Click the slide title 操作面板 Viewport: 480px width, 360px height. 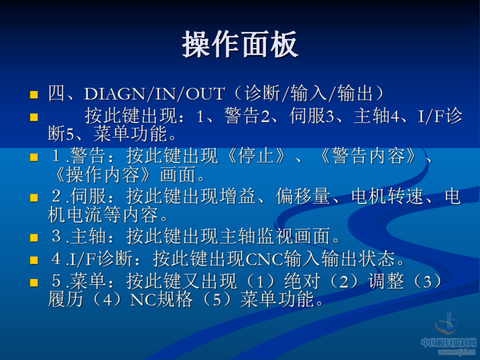(x=240, y=45)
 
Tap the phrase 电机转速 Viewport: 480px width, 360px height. (x=386, y=197)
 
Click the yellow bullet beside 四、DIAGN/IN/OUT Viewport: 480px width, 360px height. (x=34, y=95)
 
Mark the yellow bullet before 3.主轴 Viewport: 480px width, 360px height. (x=34, y=238)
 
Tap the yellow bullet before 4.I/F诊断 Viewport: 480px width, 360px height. (x=34, y=260)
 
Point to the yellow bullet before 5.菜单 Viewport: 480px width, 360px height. (x=34, y=282)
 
